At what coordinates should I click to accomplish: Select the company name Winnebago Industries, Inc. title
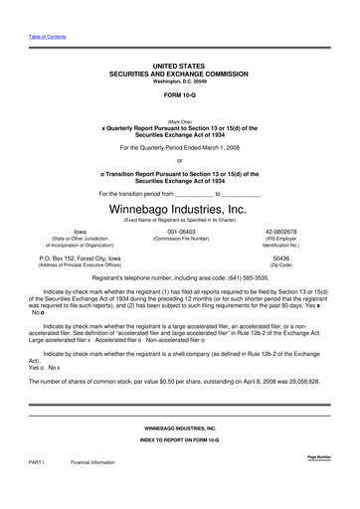[x=179, y=210]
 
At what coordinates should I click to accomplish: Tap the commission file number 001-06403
[x=179, y=232]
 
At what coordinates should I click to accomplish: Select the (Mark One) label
[x=179, y=120]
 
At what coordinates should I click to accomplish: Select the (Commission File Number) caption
[x=179, y=240]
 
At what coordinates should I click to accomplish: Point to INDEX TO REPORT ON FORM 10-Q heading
[x=179, y=437]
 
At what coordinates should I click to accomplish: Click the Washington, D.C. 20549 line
[x=179, y=82]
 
